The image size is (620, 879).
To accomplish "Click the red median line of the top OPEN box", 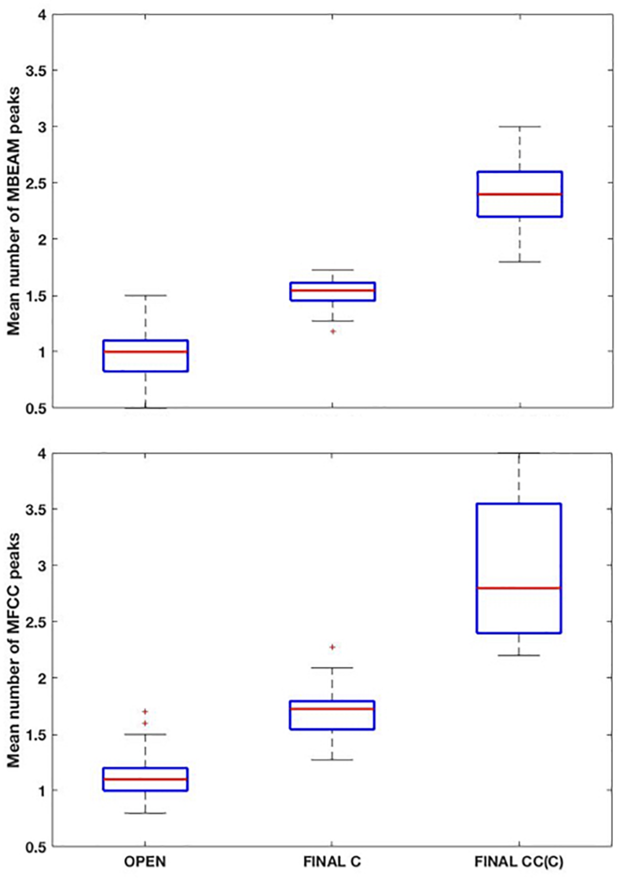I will click(x=146, y=352).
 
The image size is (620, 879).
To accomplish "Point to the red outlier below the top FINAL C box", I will click(x=333, y=331).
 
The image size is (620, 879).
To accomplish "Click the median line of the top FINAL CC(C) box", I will click(x=519, y=194).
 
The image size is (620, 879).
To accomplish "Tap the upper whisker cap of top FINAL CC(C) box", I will click(x=519, y=126).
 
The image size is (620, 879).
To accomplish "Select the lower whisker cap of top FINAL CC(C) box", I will click(x=519, y=262).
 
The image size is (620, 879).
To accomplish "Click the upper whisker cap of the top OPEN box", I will click(x=146, y=296).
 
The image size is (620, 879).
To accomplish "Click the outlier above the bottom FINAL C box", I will click(x=332, y=647).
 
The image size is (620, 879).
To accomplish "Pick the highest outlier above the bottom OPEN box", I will click(x=145, y=712).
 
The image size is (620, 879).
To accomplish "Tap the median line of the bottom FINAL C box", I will click(x=332, y=708).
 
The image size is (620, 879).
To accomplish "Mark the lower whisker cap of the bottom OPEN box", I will click(x=145, y=813).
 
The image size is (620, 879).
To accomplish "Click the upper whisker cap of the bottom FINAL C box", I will click(x=332, y=668).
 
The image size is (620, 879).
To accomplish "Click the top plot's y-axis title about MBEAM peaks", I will click(x=14, y=211).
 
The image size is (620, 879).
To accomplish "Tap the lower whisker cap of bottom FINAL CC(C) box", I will click(x=519, y=655).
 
